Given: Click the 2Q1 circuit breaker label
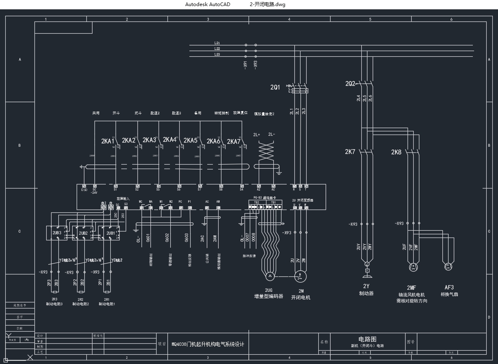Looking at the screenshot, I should click(x=275, y=87).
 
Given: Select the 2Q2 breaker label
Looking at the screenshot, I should click(x=350, y=84).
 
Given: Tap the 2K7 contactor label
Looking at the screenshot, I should click(x=350, y=152).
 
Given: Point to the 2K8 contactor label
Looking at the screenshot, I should click(x=396, y=152).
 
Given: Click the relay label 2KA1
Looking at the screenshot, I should click(x=107, y=141).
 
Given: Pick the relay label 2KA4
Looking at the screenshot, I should click(x=170, y=140).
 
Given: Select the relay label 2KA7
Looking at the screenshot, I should click(x=234, y=141).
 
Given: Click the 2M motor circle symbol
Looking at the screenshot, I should click(x=301, y=276).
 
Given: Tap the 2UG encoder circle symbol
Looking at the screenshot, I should click(x=270, y=276).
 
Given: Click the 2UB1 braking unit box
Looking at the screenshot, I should click(x=110, y=233).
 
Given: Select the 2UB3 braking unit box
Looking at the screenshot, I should click(x=57, y=233).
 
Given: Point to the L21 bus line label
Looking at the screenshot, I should click(x=217, y=43).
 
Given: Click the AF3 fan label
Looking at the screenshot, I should click(x=449, y=287).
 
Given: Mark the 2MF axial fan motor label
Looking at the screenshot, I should click(x=411, y=288).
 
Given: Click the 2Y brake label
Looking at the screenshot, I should click(x=366, y=286).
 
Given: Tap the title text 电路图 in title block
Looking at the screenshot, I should click(x=367, y=339).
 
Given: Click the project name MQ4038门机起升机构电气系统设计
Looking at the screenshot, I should click(x=208, y=344).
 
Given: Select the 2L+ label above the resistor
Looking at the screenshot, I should click(x=256, y=135).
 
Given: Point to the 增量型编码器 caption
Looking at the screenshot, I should click(x=268, y=297).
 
